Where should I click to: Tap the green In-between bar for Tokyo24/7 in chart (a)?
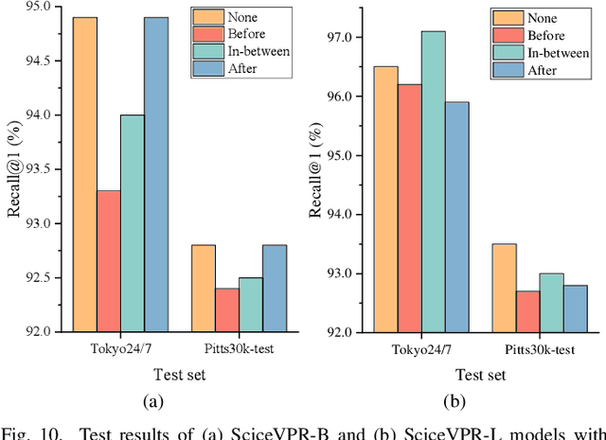133,223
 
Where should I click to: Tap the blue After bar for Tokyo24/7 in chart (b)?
456,217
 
